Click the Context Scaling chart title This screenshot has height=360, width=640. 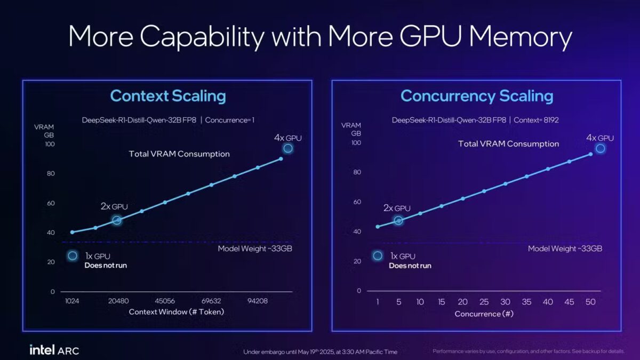(x=167, y=97)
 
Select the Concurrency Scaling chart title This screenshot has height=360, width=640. (x=477, y=97)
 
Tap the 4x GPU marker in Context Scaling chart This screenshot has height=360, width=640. (x=288, y=148)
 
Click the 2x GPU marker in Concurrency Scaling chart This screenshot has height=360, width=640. (x=398, y=220)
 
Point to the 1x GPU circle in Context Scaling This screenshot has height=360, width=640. (x=73, y=256)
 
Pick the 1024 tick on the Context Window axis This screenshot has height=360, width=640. (x=72, y=301)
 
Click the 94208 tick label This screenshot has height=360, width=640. (x=258, y=301)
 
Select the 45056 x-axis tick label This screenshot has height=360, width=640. (x=165, y=301)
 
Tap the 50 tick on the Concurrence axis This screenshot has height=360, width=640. (x=590, y=302)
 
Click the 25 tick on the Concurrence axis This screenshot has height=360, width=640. (x=484, y=302)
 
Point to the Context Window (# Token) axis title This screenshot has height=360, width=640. (x=176, y=312)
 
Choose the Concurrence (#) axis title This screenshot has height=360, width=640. (x=484, y=314)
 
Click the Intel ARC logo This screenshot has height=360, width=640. (x=54, y=350)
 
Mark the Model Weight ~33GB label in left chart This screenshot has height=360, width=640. (x=255, y=249)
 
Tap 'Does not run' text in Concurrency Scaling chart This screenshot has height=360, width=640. (x=410, y=265)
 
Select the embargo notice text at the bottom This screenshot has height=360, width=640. (x=320, y=352)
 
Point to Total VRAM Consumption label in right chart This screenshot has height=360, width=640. (x=508, y=144)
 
